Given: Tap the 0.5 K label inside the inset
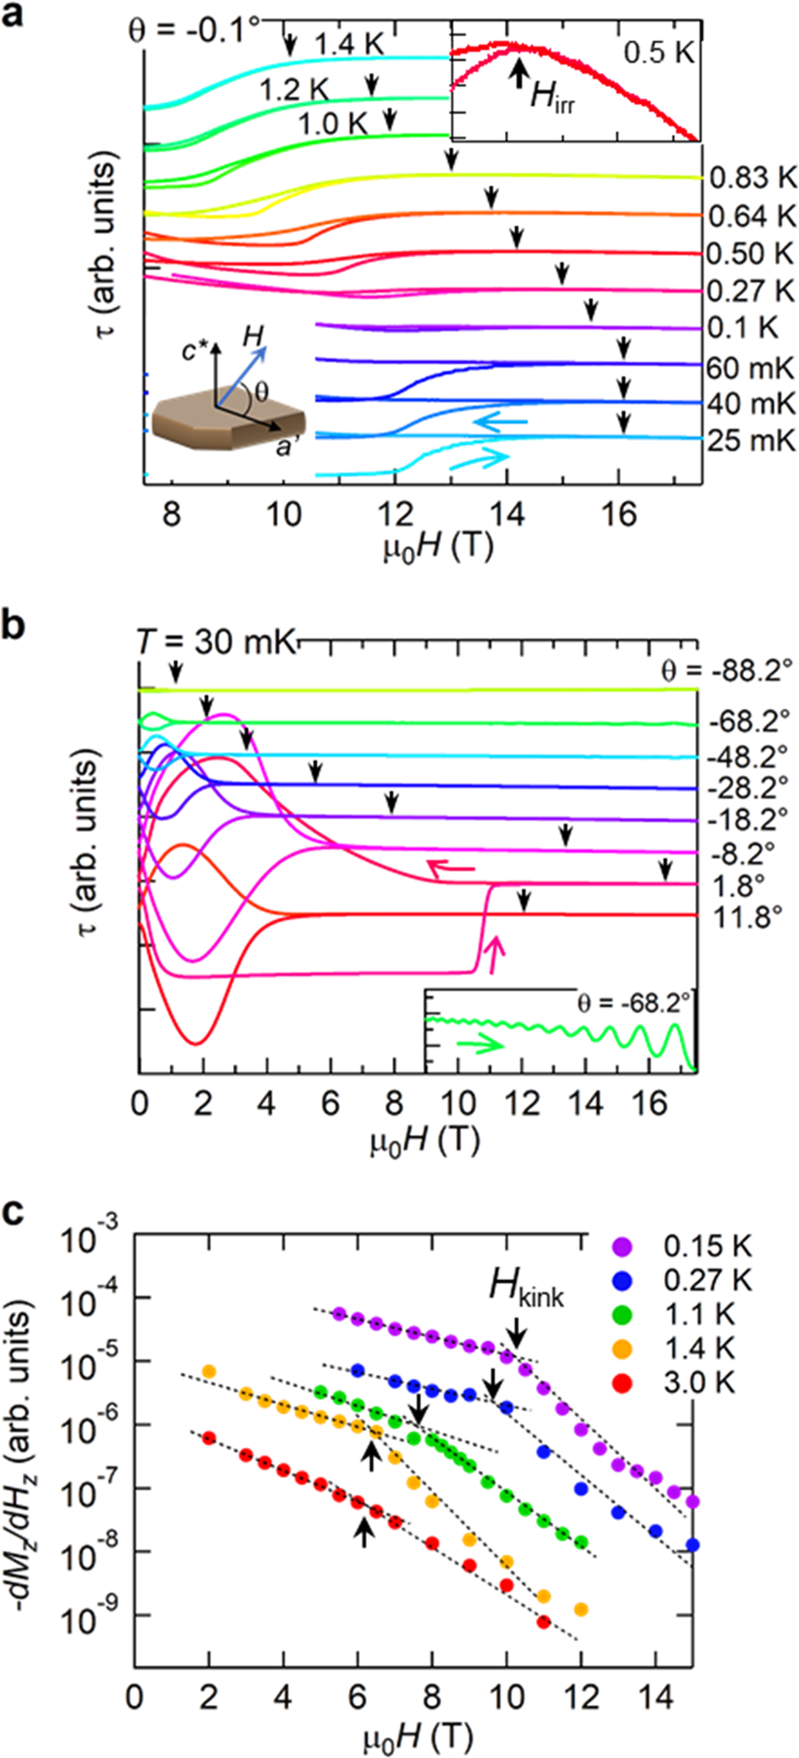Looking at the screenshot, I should pos(659,53).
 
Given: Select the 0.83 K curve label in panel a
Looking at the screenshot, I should pos(752,178).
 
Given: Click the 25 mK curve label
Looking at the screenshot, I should pos(751,441).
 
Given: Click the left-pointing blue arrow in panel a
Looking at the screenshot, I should pos(499,421).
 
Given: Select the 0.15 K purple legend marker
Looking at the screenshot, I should pos(622,1246).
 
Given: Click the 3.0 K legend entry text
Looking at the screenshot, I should pos(699,1383).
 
